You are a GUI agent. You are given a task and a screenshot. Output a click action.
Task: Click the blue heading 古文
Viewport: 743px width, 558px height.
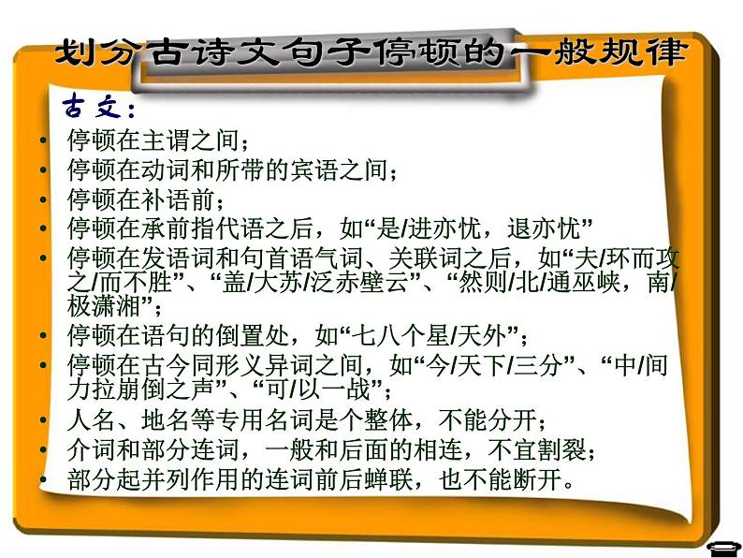98,103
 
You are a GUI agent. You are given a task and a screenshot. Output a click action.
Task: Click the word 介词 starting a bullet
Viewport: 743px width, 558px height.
90,449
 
